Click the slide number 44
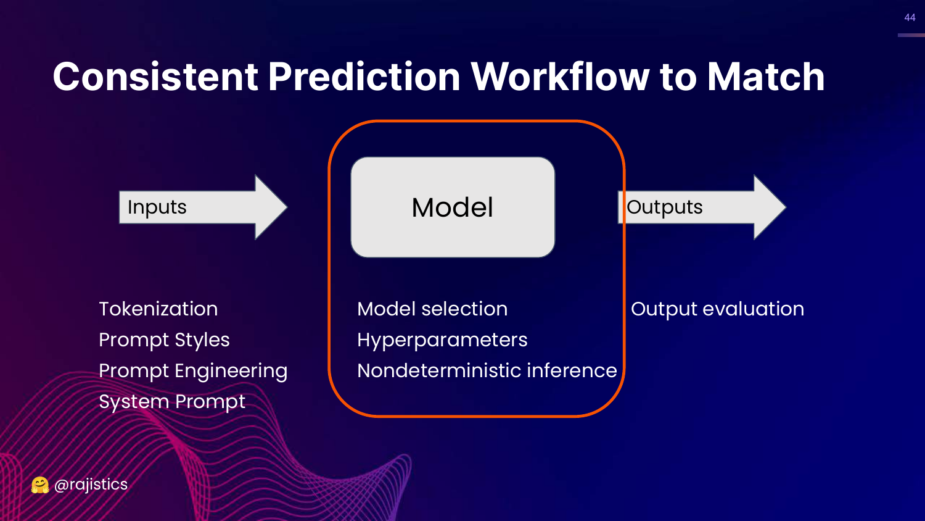click(x=910, y=18)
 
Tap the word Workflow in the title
click(x=560, y=77)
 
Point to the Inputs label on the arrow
click(x=157, y=207)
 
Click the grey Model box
click(x=453, y=207)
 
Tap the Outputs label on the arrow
click(x=665, y=207)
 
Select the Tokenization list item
click(x=158, y=309)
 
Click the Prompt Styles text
click(x=164, y=340)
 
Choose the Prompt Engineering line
click(x=193, y=370)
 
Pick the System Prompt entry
click(x=172, y=401)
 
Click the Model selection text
click(x=432, y=309)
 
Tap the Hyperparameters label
click(x=442, y=340)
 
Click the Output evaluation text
click(x=717, y=309)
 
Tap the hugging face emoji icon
click(x=40, y=485)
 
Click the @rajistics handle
click(x=91, y=485)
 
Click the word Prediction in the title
click(x=364, y=77)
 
